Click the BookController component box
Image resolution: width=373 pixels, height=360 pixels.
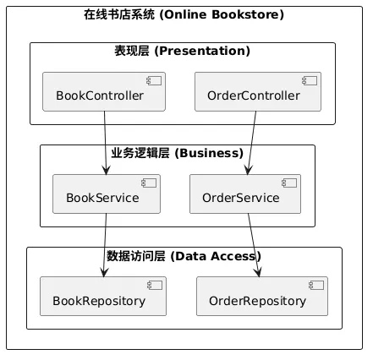104,91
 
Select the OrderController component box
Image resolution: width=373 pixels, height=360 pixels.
258,91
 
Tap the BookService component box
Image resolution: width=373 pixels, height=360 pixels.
107,194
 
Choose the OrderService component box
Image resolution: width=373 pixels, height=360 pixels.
245,194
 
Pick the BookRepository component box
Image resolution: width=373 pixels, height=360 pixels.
103,296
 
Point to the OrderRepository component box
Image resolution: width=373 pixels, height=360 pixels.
262,296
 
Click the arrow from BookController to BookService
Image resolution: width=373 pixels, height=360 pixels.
105,143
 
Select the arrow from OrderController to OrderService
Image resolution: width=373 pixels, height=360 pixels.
252,143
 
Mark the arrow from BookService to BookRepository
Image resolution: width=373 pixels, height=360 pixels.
105,245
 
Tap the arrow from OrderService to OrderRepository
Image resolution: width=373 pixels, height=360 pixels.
254,245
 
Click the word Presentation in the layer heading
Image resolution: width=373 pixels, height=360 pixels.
202,51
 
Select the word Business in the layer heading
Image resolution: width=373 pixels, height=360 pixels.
209,153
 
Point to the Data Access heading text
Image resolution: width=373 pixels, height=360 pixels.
216,256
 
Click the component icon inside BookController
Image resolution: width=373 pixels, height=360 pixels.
154,81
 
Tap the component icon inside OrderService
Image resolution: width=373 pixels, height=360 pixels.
289,183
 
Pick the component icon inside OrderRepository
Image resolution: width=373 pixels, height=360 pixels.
316,286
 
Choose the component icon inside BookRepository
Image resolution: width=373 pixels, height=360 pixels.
155,286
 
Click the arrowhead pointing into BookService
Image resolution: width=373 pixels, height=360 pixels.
106,171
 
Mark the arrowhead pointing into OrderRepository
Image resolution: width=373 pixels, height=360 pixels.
258,273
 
